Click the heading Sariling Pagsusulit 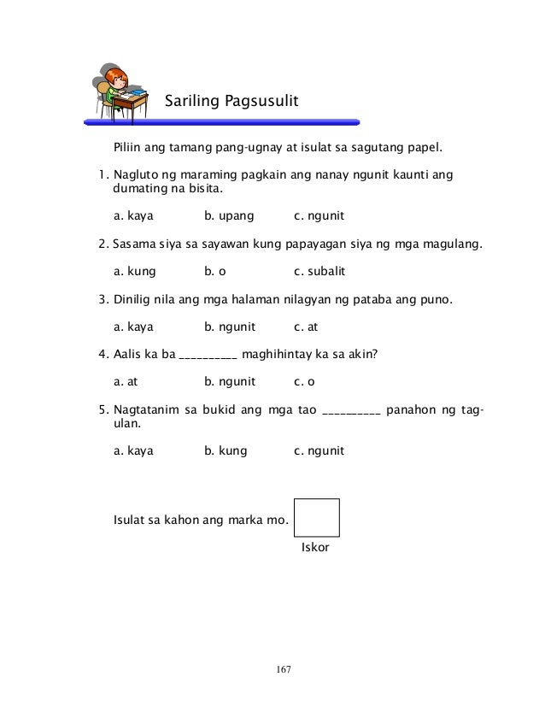tap(231, 103)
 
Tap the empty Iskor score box tap(316, 517)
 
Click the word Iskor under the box tap(316, 547)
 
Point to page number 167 tap(283, 668)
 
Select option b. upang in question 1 tap(229, 216)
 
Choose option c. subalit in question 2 tap(319, 272)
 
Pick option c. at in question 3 tap(306, 327)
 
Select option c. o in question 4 tap(305, 381)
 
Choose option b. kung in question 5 tap(226, 450)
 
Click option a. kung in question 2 tap(134, 272)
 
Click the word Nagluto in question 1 tap(138, 175)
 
